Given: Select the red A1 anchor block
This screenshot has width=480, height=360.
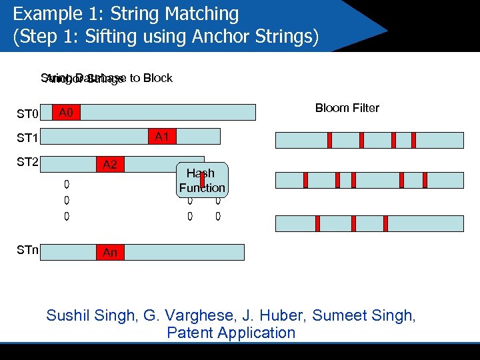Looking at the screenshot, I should (x=161, y=137).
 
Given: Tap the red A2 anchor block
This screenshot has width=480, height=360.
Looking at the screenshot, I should (x=110, y=164).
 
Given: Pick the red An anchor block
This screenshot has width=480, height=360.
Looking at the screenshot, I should (x=110, y=252).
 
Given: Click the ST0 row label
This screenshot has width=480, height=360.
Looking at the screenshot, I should (x=27, y=114).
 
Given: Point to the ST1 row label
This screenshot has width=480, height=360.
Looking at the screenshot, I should (x=27, y=139).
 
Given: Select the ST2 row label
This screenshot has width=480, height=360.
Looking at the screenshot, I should (x=27, y=162).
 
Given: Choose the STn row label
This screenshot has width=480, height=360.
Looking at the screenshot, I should (x=27, y=251).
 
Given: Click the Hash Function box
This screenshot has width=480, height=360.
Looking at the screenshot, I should (x=202, y=181).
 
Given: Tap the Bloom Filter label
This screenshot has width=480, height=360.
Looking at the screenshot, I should (x=347, y=108).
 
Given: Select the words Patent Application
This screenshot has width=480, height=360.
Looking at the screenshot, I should (x=231, y=333).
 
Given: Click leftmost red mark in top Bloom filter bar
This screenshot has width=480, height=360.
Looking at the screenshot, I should (x=329, y=140).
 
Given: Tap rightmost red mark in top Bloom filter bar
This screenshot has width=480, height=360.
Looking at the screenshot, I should (x=413, y=140).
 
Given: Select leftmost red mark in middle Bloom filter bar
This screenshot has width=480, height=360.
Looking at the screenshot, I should (x=305, y=180).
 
